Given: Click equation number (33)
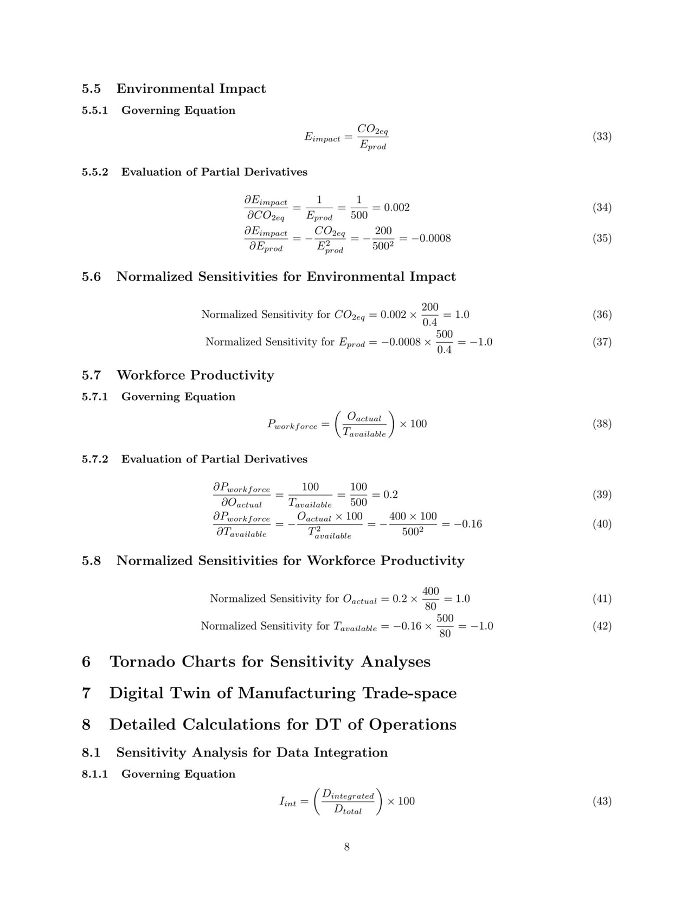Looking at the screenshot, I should pyautogui.click(x=602, y=136).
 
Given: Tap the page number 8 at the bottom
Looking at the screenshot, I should pyautogui.click(x=346, y=846).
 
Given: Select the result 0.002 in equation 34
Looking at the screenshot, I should pyautogui.click(x=397, y=207).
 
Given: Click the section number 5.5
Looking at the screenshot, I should pyautogui.click(x=91, y=88).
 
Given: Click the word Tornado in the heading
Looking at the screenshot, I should pyautogui.click(x=143, y=662).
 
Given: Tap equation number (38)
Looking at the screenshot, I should pyautogui.click(x=602, y=424).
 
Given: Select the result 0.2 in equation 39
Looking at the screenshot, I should pyautogui.click(x=390, y=495).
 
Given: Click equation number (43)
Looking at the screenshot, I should pyautogui.click(x=602, y=801).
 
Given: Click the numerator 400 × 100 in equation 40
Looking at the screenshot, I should pyautogui.click(x=413, y=516).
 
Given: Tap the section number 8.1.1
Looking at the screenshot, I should pyautogui.click(x=95, y=774).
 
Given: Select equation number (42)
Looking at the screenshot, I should pyautogui.click(x=602, y=626).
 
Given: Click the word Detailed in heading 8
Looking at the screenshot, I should pyautogui.click(x=143, y=724).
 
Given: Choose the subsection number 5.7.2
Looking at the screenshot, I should pyautogui.click(x=95, y=459).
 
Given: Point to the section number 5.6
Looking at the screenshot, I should pyautogui.click(x=91, y=277).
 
